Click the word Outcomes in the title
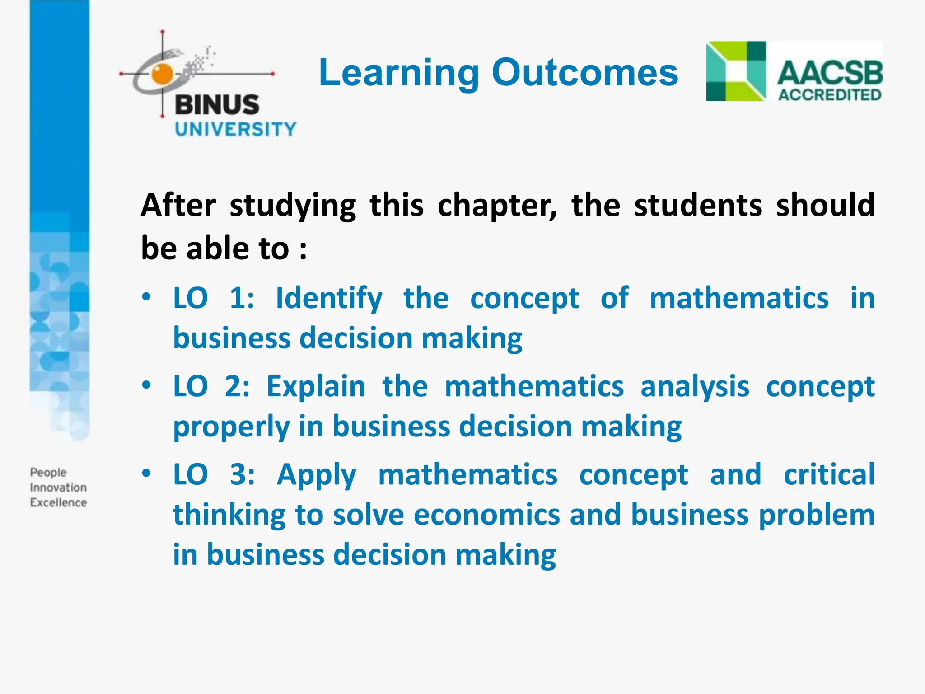[585, 72]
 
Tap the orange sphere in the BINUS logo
[162, 74]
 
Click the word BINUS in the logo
[217, 105]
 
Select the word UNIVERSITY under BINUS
[235, 129]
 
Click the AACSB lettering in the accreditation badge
[830, 73]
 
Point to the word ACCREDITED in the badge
[830, 95]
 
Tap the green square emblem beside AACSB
[736, 71]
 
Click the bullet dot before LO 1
[146, 297]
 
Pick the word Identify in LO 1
[329, 299]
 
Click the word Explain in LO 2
[316, 387]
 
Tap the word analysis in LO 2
[695, 388]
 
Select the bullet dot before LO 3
[146, 474]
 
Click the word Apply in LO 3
[317, 476]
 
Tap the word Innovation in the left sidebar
[58, 488]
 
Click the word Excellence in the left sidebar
[58, 502]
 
